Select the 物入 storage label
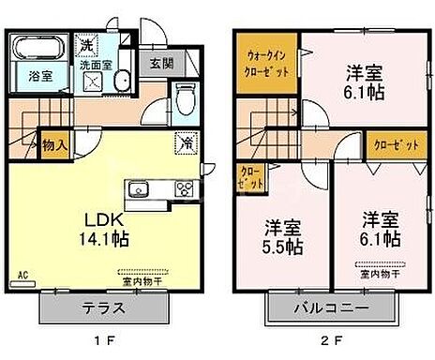click(x=53, y=144)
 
